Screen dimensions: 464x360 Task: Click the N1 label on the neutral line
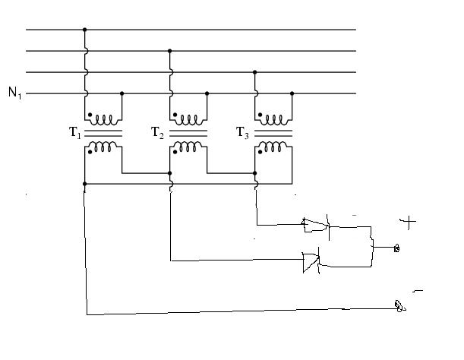14,93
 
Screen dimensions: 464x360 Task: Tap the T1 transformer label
75,132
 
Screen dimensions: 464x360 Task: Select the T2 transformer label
157,132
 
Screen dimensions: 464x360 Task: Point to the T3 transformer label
242,132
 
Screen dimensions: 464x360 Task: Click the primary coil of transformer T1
103,120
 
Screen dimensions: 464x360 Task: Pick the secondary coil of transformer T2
188,147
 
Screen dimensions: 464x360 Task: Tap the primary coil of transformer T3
273,120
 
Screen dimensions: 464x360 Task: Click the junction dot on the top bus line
84,30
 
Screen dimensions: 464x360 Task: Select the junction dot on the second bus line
169,51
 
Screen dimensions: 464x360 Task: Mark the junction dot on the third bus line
255,72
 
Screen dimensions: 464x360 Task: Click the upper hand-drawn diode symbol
315,226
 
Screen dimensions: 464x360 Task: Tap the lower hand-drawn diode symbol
311,262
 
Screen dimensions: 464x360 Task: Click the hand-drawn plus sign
408,222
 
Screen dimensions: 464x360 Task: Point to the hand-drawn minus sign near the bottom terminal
418,292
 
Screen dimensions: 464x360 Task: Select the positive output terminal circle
397,248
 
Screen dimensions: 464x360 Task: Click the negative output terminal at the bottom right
399,306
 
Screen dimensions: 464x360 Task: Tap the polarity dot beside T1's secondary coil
90,152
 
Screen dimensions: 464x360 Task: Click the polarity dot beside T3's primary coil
260,115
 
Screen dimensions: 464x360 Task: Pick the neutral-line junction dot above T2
207,93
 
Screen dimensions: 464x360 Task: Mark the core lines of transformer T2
188,134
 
